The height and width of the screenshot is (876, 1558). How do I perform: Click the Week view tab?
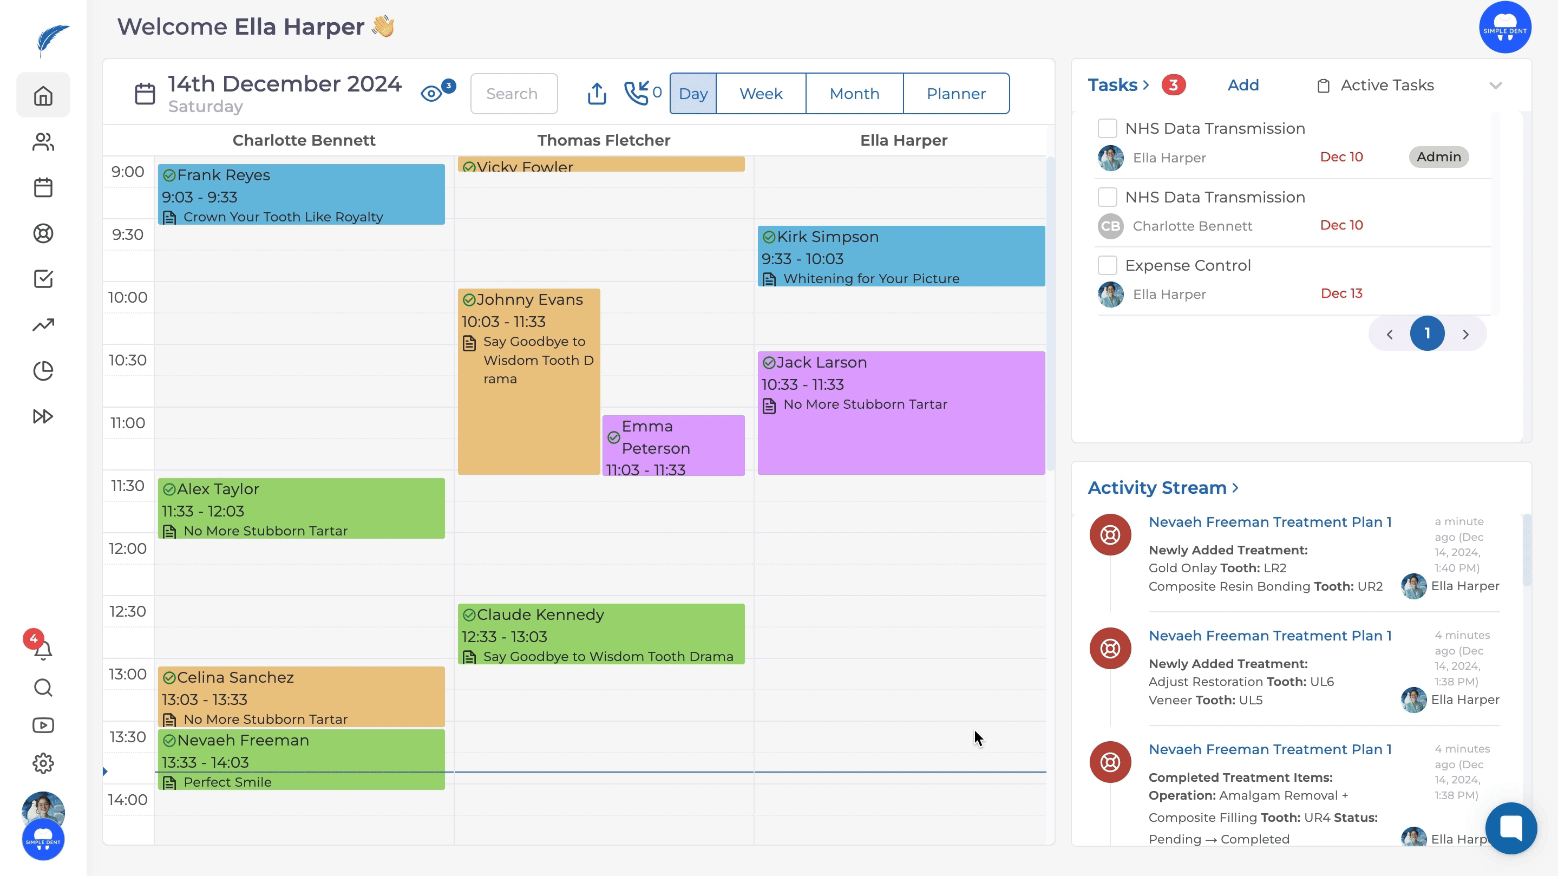point(760,94)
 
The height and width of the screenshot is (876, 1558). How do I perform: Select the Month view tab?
point(854,94)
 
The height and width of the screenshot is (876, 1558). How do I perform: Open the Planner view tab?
point(955,94)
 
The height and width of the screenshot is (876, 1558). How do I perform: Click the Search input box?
point(514,94)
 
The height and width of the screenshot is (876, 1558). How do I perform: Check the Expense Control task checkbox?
point(1107,265)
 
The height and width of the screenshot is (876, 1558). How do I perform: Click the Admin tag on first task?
point(1438,156)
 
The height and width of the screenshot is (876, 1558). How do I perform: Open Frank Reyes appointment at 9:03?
point(301,194)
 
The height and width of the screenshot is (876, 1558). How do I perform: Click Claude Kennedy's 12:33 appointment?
point(600,634)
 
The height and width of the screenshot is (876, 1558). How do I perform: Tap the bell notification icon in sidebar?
point(43,650)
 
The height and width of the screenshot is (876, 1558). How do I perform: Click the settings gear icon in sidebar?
point(43,763)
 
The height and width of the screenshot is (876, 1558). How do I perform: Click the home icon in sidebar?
point(43,96)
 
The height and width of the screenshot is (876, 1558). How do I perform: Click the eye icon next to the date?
point(431,94)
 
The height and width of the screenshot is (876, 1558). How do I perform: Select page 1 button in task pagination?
point(1427,334)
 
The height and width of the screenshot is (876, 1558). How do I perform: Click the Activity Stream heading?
point(1156,488)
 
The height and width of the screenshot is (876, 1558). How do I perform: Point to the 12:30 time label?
point(128,611)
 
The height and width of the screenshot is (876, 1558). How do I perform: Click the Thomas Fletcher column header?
point(603,140)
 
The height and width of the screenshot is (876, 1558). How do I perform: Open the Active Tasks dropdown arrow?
point(1495,86)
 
